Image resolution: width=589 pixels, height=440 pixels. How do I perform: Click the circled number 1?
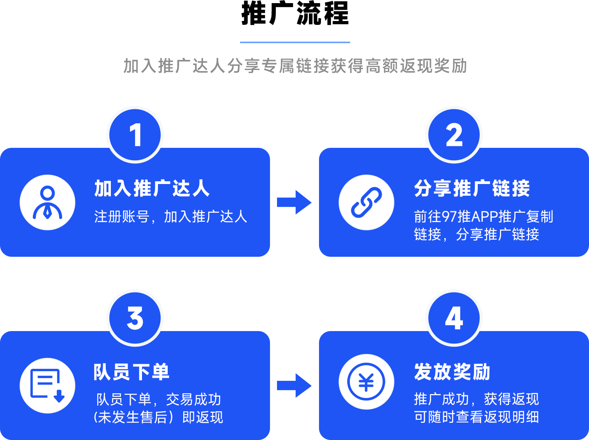[x=135, y=135]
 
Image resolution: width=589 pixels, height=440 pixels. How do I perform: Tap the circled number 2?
[x=454, y=135]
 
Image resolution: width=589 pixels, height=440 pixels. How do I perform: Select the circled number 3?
[x=135, y=318]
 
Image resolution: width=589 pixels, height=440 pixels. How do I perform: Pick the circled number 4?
[x=454, y=318]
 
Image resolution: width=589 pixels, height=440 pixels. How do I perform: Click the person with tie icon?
[x=47, y=202]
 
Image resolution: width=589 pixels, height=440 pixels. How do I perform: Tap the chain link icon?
[x=366, y=202]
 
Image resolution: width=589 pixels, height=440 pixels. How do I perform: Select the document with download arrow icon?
[x=47, y=386]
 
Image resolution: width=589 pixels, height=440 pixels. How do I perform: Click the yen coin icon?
[x=366, y=382]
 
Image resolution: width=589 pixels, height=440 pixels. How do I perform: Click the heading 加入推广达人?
[x=152, y=189]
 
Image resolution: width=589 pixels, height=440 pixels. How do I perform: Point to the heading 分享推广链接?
[x=472, y=189]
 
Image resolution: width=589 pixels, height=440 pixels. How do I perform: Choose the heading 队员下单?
[x=131, y=372]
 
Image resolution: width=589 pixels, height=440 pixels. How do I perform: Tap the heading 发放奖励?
[x=452, y=372]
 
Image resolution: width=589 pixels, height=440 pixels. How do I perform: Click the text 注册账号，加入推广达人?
[x=170, y=217]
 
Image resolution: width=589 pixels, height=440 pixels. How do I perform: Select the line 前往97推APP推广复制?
[x=483, y=217]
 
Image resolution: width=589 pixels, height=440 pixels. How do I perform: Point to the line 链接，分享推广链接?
[x=476, y=235]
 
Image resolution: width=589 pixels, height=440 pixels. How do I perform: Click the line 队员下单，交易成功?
[x=158, y=400]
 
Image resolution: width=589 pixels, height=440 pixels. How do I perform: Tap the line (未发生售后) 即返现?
[x=158, y=417]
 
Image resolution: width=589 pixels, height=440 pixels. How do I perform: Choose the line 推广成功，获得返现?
[x=476, y=399]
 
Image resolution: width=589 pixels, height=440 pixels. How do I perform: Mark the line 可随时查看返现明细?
[x=476, y=417]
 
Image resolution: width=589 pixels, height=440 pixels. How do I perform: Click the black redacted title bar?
[x=295, y=13]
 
